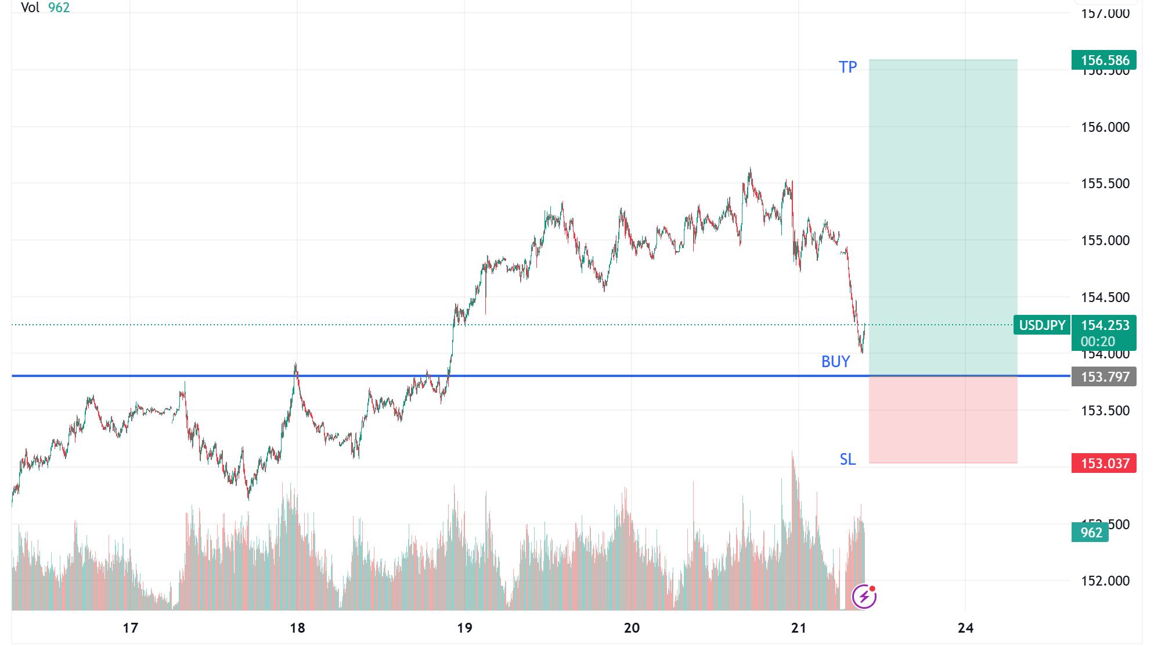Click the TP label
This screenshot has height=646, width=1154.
[x=848, y=67]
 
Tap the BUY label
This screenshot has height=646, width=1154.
[x=835, y=362]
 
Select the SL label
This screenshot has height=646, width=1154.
[x=848, y=460]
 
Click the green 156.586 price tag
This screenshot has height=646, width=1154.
[x=1104, y=60]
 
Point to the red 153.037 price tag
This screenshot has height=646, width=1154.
[x=1104, y=464]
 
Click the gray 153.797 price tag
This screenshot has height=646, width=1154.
[x=1104, y=377]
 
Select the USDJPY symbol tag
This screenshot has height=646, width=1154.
[x=1042, y=325]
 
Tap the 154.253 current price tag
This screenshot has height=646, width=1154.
[x=1105, y=325]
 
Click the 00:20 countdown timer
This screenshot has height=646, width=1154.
[x=1098, y=342]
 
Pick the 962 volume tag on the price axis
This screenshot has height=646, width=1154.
[x=1091, y=533]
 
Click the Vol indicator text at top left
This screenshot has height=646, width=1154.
[x=30, y=8]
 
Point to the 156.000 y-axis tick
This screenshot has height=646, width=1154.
[x=1105, y=127]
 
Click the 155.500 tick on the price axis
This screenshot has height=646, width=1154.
[x=1105, y=184]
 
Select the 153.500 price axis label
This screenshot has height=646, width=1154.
[x=1105, y=411]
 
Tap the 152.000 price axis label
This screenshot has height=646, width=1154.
[x=1105, y=581]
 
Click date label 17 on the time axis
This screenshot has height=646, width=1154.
[x=131, y=628]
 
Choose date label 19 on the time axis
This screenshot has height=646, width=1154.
[x=464, y=628]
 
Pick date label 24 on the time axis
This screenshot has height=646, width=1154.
[x=965, y=628]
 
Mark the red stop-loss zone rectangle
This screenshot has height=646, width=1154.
[x=943, y=420]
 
